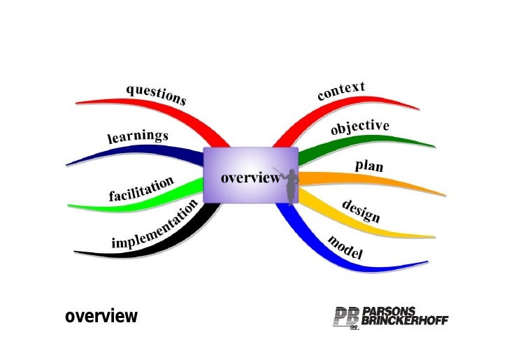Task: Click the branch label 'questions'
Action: tap(156, 94)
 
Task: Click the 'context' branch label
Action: tap(341, 90)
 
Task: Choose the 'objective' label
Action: tap(359, 128)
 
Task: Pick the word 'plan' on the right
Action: tap(369, 167)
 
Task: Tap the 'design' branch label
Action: tap(361, 210)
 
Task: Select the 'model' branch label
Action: tap(345, 247)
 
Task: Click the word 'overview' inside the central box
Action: tap(250, 178)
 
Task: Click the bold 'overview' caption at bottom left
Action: tap(101, 317)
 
